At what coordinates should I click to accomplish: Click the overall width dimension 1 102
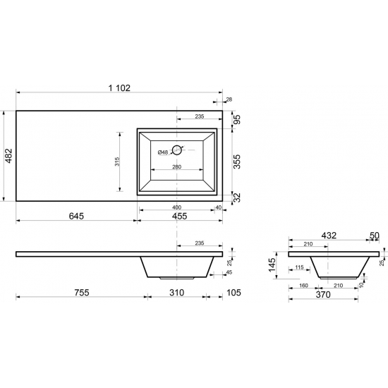(119, 88)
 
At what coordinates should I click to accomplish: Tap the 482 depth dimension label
(8, 156)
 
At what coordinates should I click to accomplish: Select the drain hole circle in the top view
(176, 150)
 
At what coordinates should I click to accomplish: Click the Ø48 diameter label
(163, 152)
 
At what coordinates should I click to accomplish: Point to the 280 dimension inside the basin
(176, 166)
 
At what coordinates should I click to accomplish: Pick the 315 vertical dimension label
(117, 162)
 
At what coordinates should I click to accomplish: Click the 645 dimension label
(76, 216)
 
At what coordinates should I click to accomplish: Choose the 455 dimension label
(179, 216)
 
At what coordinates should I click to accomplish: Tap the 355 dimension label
(237, 162)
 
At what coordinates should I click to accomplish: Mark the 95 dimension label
(237, 119)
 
